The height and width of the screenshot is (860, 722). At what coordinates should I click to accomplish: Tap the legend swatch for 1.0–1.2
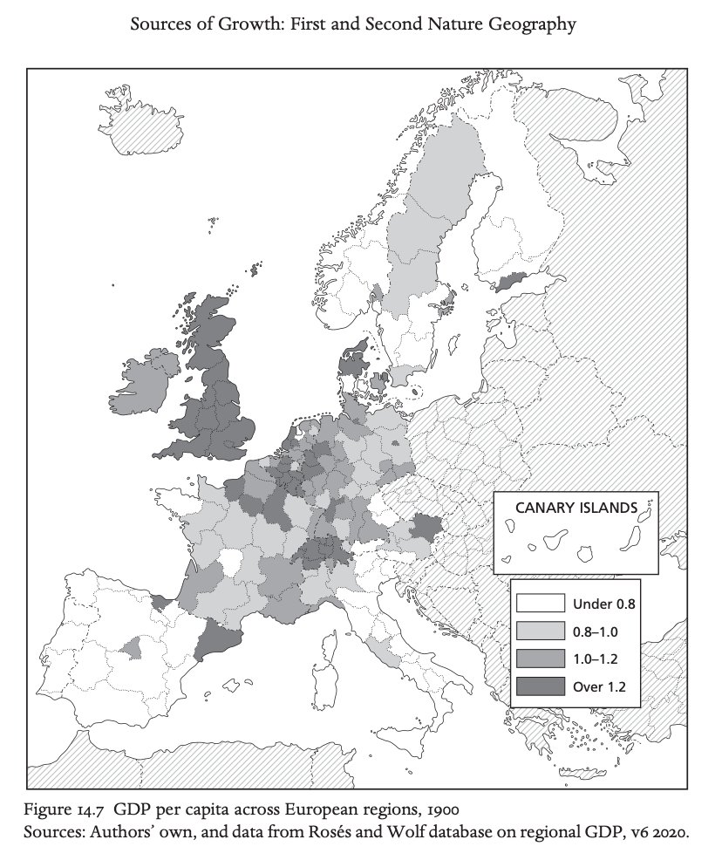click(x=541, y=659)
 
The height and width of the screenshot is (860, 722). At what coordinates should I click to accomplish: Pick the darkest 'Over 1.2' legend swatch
click(x=541, y=686)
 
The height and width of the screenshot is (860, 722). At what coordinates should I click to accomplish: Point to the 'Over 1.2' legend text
click(x=600, y=686)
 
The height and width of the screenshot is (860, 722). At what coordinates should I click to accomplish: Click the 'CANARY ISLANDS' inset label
click(x=575, y=508)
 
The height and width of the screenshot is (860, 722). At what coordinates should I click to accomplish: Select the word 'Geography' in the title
click(x=534, y=24)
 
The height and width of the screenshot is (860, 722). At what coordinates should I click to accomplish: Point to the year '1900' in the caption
click(x=455, y=801)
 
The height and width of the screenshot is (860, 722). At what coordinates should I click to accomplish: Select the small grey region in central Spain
click(x=133, y=647)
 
